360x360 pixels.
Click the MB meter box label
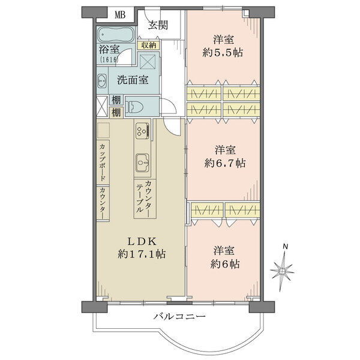tap(120, 15)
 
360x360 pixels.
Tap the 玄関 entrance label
tap(158, 25)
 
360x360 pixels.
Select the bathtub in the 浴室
tap(115, 35)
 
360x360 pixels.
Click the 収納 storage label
tap(149, 45)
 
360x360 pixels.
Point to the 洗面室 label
tap(133, 80)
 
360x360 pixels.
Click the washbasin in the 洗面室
tap(102, 81)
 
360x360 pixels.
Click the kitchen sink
tap(143, 163)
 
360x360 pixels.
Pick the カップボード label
tap(103, 162)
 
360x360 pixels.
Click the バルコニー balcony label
tap(179, 317)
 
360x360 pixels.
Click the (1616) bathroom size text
tap(109, 59)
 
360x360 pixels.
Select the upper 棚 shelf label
tap(116, 100)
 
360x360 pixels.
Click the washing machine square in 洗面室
tap(149, 60)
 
